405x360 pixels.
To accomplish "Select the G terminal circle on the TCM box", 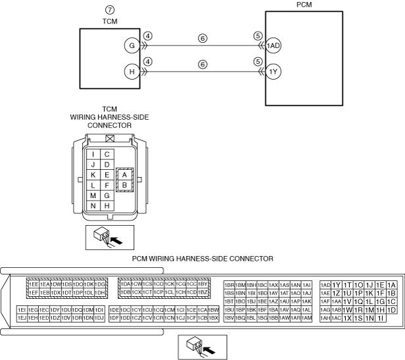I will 132,46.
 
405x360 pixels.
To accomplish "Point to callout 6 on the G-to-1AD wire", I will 202,39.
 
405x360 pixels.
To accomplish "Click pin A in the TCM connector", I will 124,174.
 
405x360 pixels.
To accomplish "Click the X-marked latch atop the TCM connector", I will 109,139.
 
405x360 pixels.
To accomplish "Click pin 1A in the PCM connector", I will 392,284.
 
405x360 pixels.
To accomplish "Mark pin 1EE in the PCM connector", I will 33,284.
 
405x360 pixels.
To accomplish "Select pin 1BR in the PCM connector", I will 229,284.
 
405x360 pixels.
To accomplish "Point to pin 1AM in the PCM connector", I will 306,318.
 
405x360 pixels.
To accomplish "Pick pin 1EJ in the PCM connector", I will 22,318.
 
